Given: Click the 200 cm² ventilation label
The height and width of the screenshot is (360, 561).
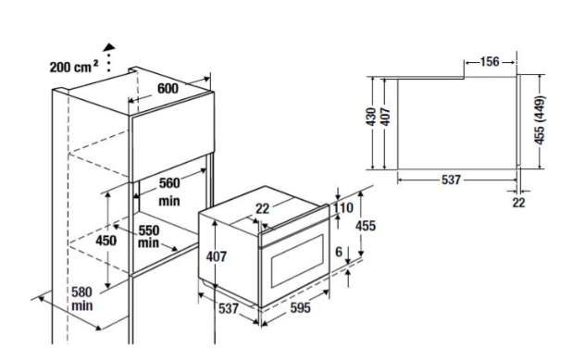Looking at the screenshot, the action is point(73,67).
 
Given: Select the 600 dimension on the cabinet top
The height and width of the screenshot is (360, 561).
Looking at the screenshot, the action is point(168,88).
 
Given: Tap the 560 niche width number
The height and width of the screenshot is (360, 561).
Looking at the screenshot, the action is point(169,183).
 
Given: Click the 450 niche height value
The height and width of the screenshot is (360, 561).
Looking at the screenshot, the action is point(106,241).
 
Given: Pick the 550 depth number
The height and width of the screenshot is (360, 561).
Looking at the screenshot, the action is point(149,230).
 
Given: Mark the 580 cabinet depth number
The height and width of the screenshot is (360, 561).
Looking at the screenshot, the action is point(81,292).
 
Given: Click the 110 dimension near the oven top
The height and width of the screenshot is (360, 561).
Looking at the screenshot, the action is point(343,207).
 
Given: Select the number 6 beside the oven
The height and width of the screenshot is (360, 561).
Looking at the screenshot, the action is point(339,252).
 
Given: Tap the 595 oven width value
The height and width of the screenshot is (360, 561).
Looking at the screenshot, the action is point(300,308).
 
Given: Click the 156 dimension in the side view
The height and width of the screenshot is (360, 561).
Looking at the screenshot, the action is point(490,62).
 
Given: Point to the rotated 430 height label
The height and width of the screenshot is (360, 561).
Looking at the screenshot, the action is point(371,117).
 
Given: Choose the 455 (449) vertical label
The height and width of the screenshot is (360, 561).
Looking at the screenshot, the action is point(540,120).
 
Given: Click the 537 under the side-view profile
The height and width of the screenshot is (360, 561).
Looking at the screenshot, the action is point(451,180).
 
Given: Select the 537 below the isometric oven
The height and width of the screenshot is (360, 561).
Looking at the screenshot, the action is point(229,308).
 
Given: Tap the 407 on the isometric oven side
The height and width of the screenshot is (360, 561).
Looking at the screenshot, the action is point(217,256).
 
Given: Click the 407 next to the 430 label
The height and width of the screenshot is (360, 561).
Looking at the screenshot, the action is point(385,117).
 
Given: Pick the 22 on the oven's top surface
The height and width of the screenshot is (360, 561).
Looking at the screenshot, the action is point(262,208).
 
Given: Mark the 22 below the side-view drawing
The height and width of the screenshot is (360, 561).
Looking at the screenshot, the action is point(518,203).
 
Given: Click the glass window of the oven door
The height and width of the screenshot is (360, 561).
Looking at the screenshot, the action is point(298,261).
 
